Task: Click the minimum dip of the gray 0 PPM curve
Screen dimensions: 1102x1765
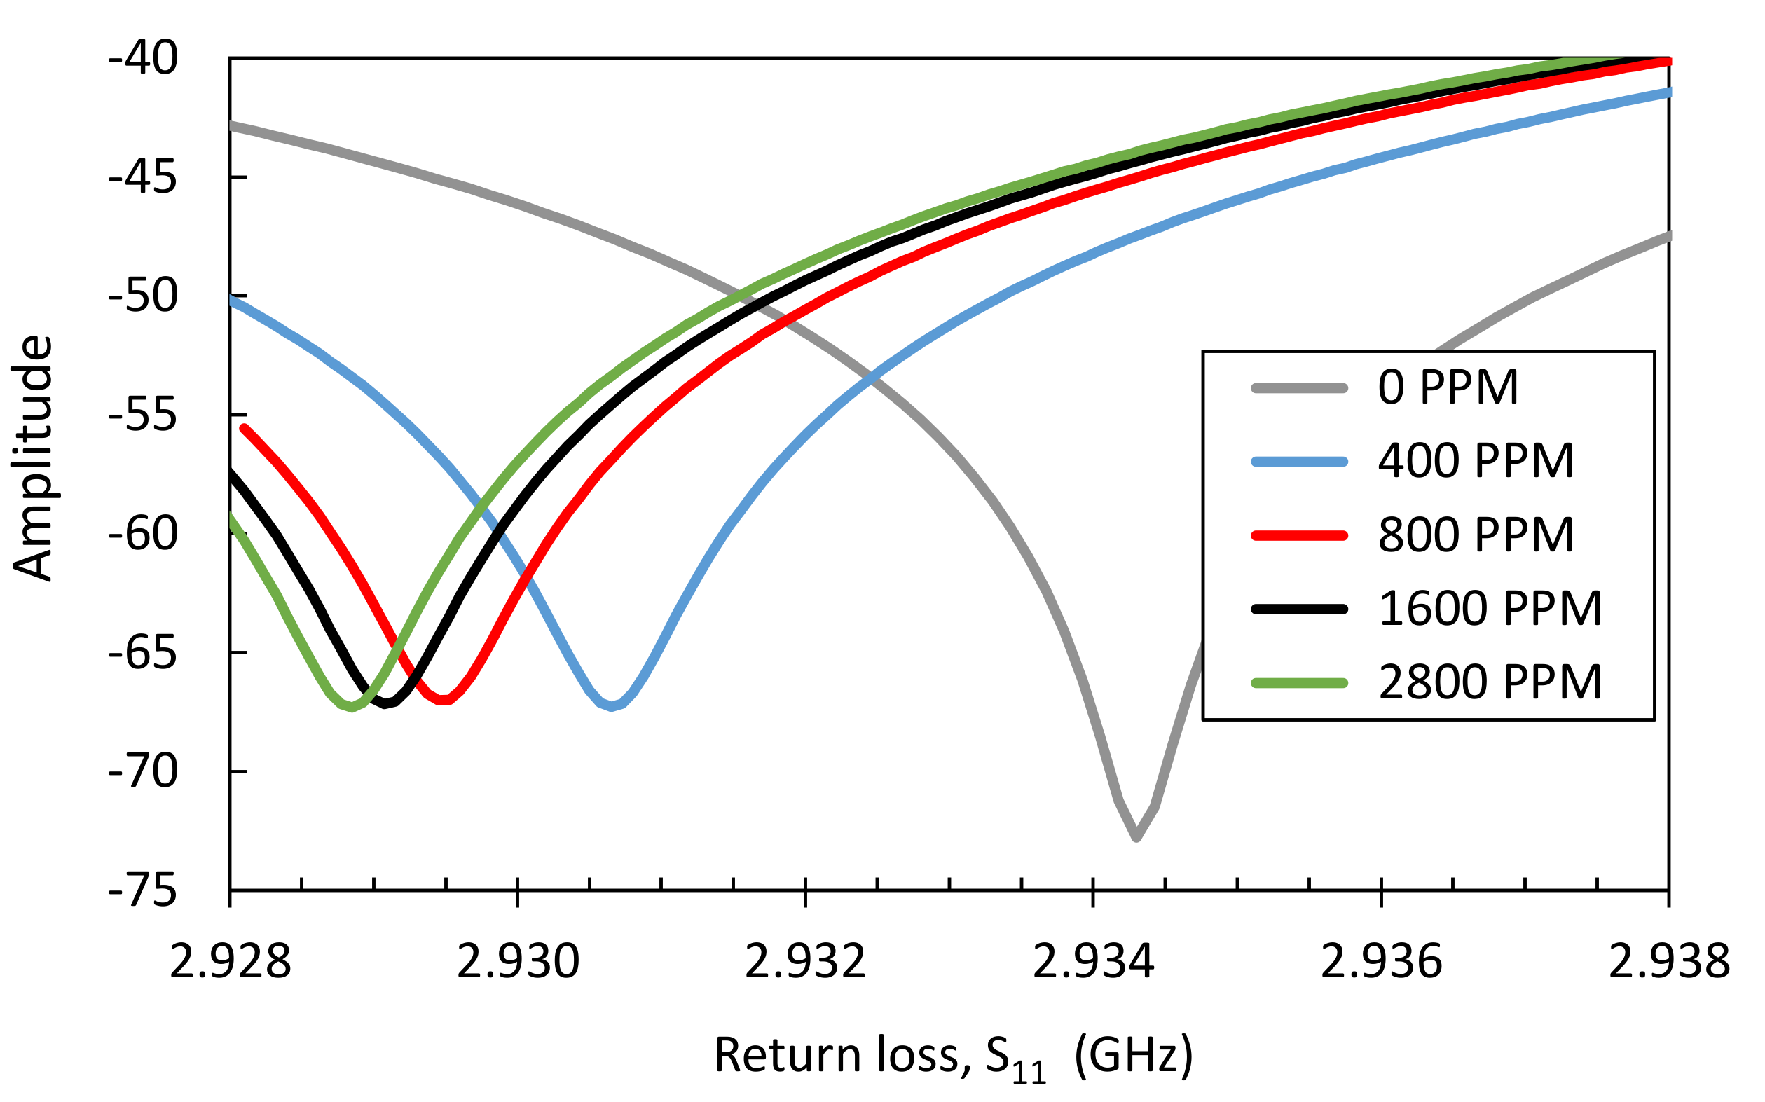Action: pyautogui.click(x=1136, y=838)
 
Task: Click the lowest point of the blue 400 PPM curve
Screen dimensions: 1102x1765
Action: pyautogui.click(x=611, y=707)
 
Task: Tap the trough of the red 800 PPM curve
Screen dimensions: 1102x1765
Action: pyautogui.click(x=442, y=701)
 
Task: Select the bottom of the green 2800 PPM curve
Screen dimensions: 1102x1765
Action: pyautogui.click(x=352, y=708)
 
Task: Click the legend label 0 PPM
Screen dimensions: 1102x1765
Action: pyautogui.click(x=1448, y=387)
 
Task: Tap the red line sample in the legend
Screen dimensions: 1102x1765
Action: pyautogui.click(x=1299, y=536)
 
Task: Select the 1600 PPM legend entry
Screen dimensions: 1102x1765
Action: pyautogui.click(x=1490, y=609)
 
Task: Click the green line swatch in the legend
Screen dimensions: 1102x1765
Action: pyautogui.click(x=1299, y=683)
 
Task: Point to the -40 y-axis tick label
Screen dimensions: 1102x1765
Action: pyautogui.click(x=143, y=58)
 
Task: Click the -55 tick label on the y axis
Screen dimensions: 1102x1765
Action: pyautogui.click(x=143, y=415)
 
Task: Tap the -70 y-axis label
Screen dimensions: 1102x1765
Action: pyautogui.click(x=143, y=771)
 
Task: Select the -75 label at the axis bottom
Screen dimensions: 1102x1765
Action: pyautogui.click(x=143, y=890)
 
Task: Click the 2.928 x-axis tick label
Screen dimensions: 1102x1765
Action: pyautogui.click(x=231, y=961)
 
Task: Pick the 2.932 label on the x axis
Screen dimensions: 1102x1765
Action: pyautogui.click(x=805, y=961)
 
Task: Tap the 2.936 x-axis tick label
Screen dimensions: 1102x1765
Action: pyautogui.click(x=1381, y=961)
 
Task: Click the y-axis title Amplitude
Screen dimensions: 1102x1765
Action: pyautogui.click(x=34, y=457)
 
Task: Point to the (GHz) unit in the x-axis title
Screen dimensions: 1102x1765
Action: pyautogui.click(x=1134, y=1054)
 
